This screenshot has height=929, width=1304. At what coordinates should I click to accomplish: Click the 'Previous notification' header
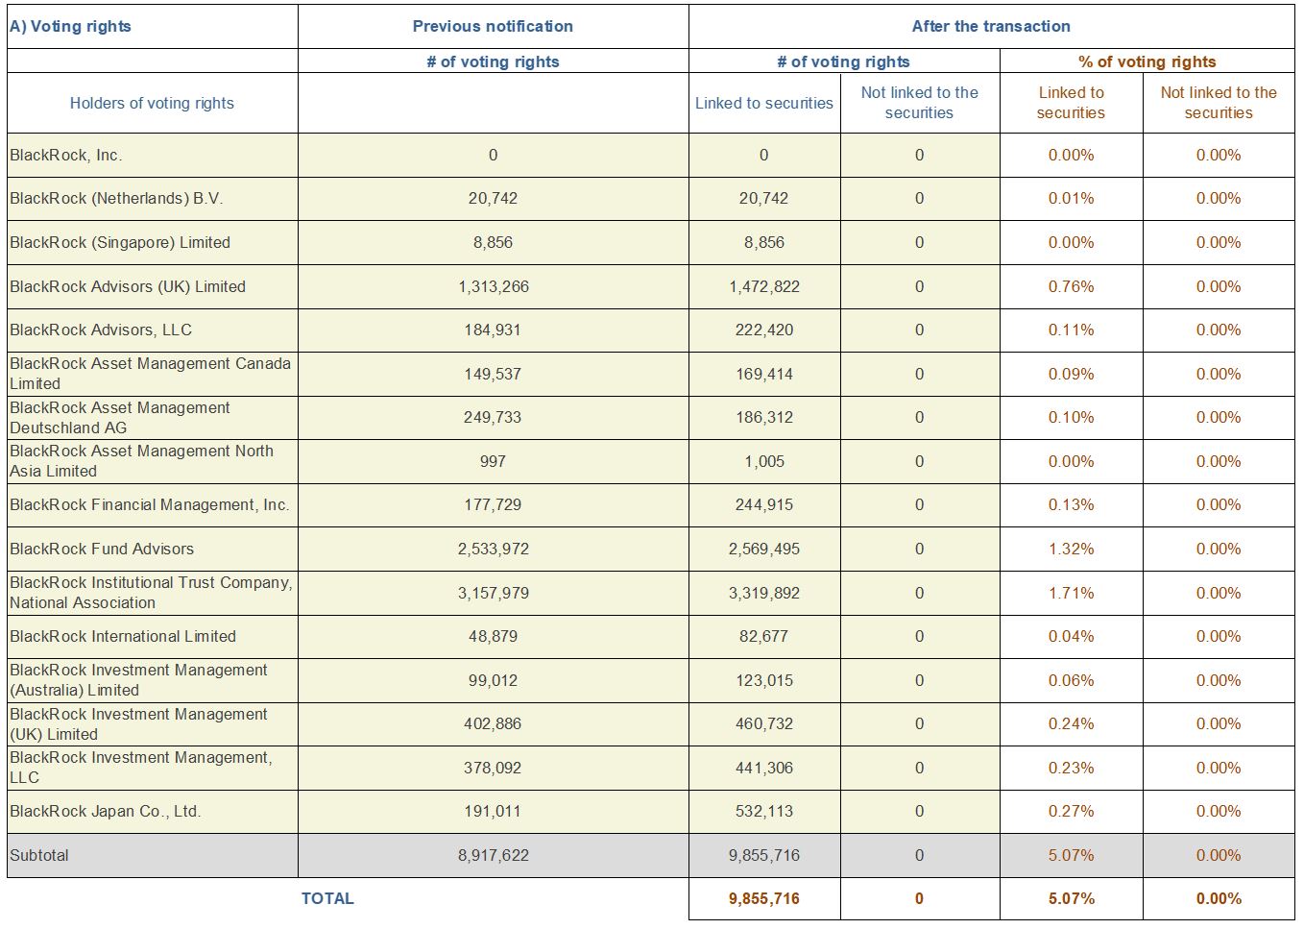(493, 26)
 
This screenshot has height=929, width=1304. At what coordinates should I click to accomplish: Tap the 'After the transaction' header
(991, 26)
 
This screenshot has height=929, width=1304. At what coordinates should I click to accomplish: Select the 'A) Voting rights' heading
(70, 26)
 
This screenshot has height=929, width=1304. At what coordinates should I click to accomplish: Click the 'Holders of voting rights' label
(152, 103)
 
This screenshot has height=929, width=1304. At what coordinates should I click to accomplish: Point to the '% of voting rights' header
(1147, 61)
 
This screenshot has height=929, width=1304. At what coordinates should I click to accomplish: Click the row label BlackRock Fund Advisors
(101, 549)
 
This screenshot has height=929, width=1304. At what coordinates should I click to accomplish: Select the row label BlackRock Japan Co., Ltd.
(105, 811)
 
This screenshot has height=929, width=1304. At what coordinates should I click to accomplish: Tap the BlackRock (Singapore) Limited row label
(120, 242)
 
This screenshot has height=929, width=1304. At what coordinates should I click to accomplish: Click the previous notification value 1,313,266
(493, 286)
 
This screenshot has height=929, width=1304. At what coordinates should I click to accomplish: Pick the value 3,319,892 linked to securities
(763, 593)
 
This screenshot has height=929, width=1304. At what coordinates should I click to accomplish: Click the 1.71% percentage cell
(1072, 593)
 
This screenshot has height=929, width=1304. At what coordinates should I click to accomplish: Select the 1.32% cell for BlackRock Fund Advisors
(1072, 549)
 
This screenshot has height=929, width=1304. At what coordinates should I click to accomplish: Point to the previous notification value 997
(493, 461)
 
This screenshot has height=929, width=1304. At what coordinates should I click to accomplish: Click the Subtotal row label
(39, 855)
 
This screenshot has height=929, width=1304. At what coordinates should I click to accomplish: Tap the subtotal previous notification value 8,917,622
(493, 855)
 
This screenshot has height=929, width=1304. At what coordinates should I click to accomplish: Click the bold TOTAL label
(327, 898)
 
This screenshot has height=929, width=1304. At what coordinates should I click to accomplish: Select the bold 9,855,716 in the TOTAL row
(763, 898)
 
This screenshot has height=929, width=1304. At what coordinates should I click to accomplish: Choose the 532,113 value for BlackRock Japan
(763, 811)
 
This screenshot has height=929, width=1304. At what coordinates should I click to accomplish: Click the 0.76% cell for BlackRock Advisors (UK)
(1072, 286)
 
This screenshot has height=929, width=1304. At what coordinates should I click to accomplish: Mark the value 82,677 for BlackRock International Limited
(763, 636)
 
